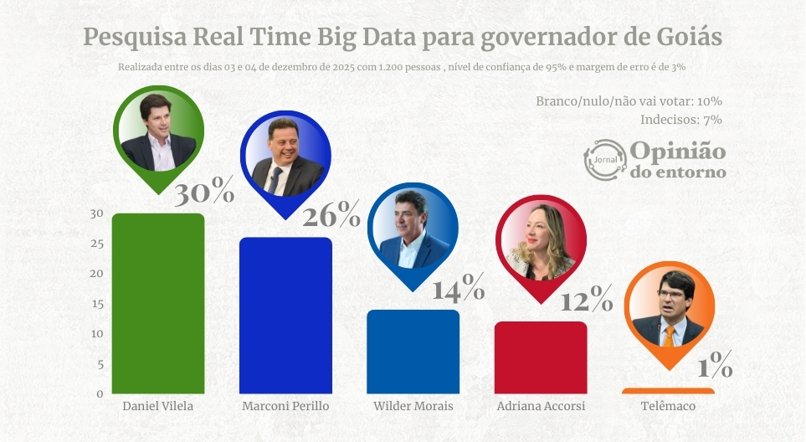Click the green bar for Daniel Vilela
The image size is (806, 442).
coord(158,303)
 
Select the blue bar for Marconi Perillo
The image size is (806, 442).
coord(285,315)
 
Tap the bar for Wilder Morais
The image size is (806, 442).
coord(413,352)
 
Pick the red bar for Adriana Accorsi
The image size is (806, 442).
coord(541,357)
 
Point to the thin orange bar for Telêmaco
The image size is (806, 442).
coord(668,391)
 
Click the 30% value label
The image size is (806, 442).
coord(203,193)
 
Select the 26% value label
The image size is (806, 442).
coord(331,217)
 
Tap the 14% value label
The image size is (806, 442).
coord(458,290)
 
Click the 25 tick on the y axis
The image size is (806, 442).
coord(97,244)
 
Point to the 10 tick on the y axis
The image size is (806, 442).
coord(97,333)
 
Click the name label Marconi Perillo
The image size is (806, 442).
coord(285,406)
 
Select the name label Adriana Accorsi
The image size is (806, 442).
coord(541,406)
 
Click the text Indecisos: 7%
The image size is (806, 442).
coord(680,120)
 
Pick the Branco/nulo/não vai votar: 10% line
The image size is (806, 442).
coord(629,101)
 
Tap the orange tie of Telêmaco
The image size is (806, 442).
coord(668,336)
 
